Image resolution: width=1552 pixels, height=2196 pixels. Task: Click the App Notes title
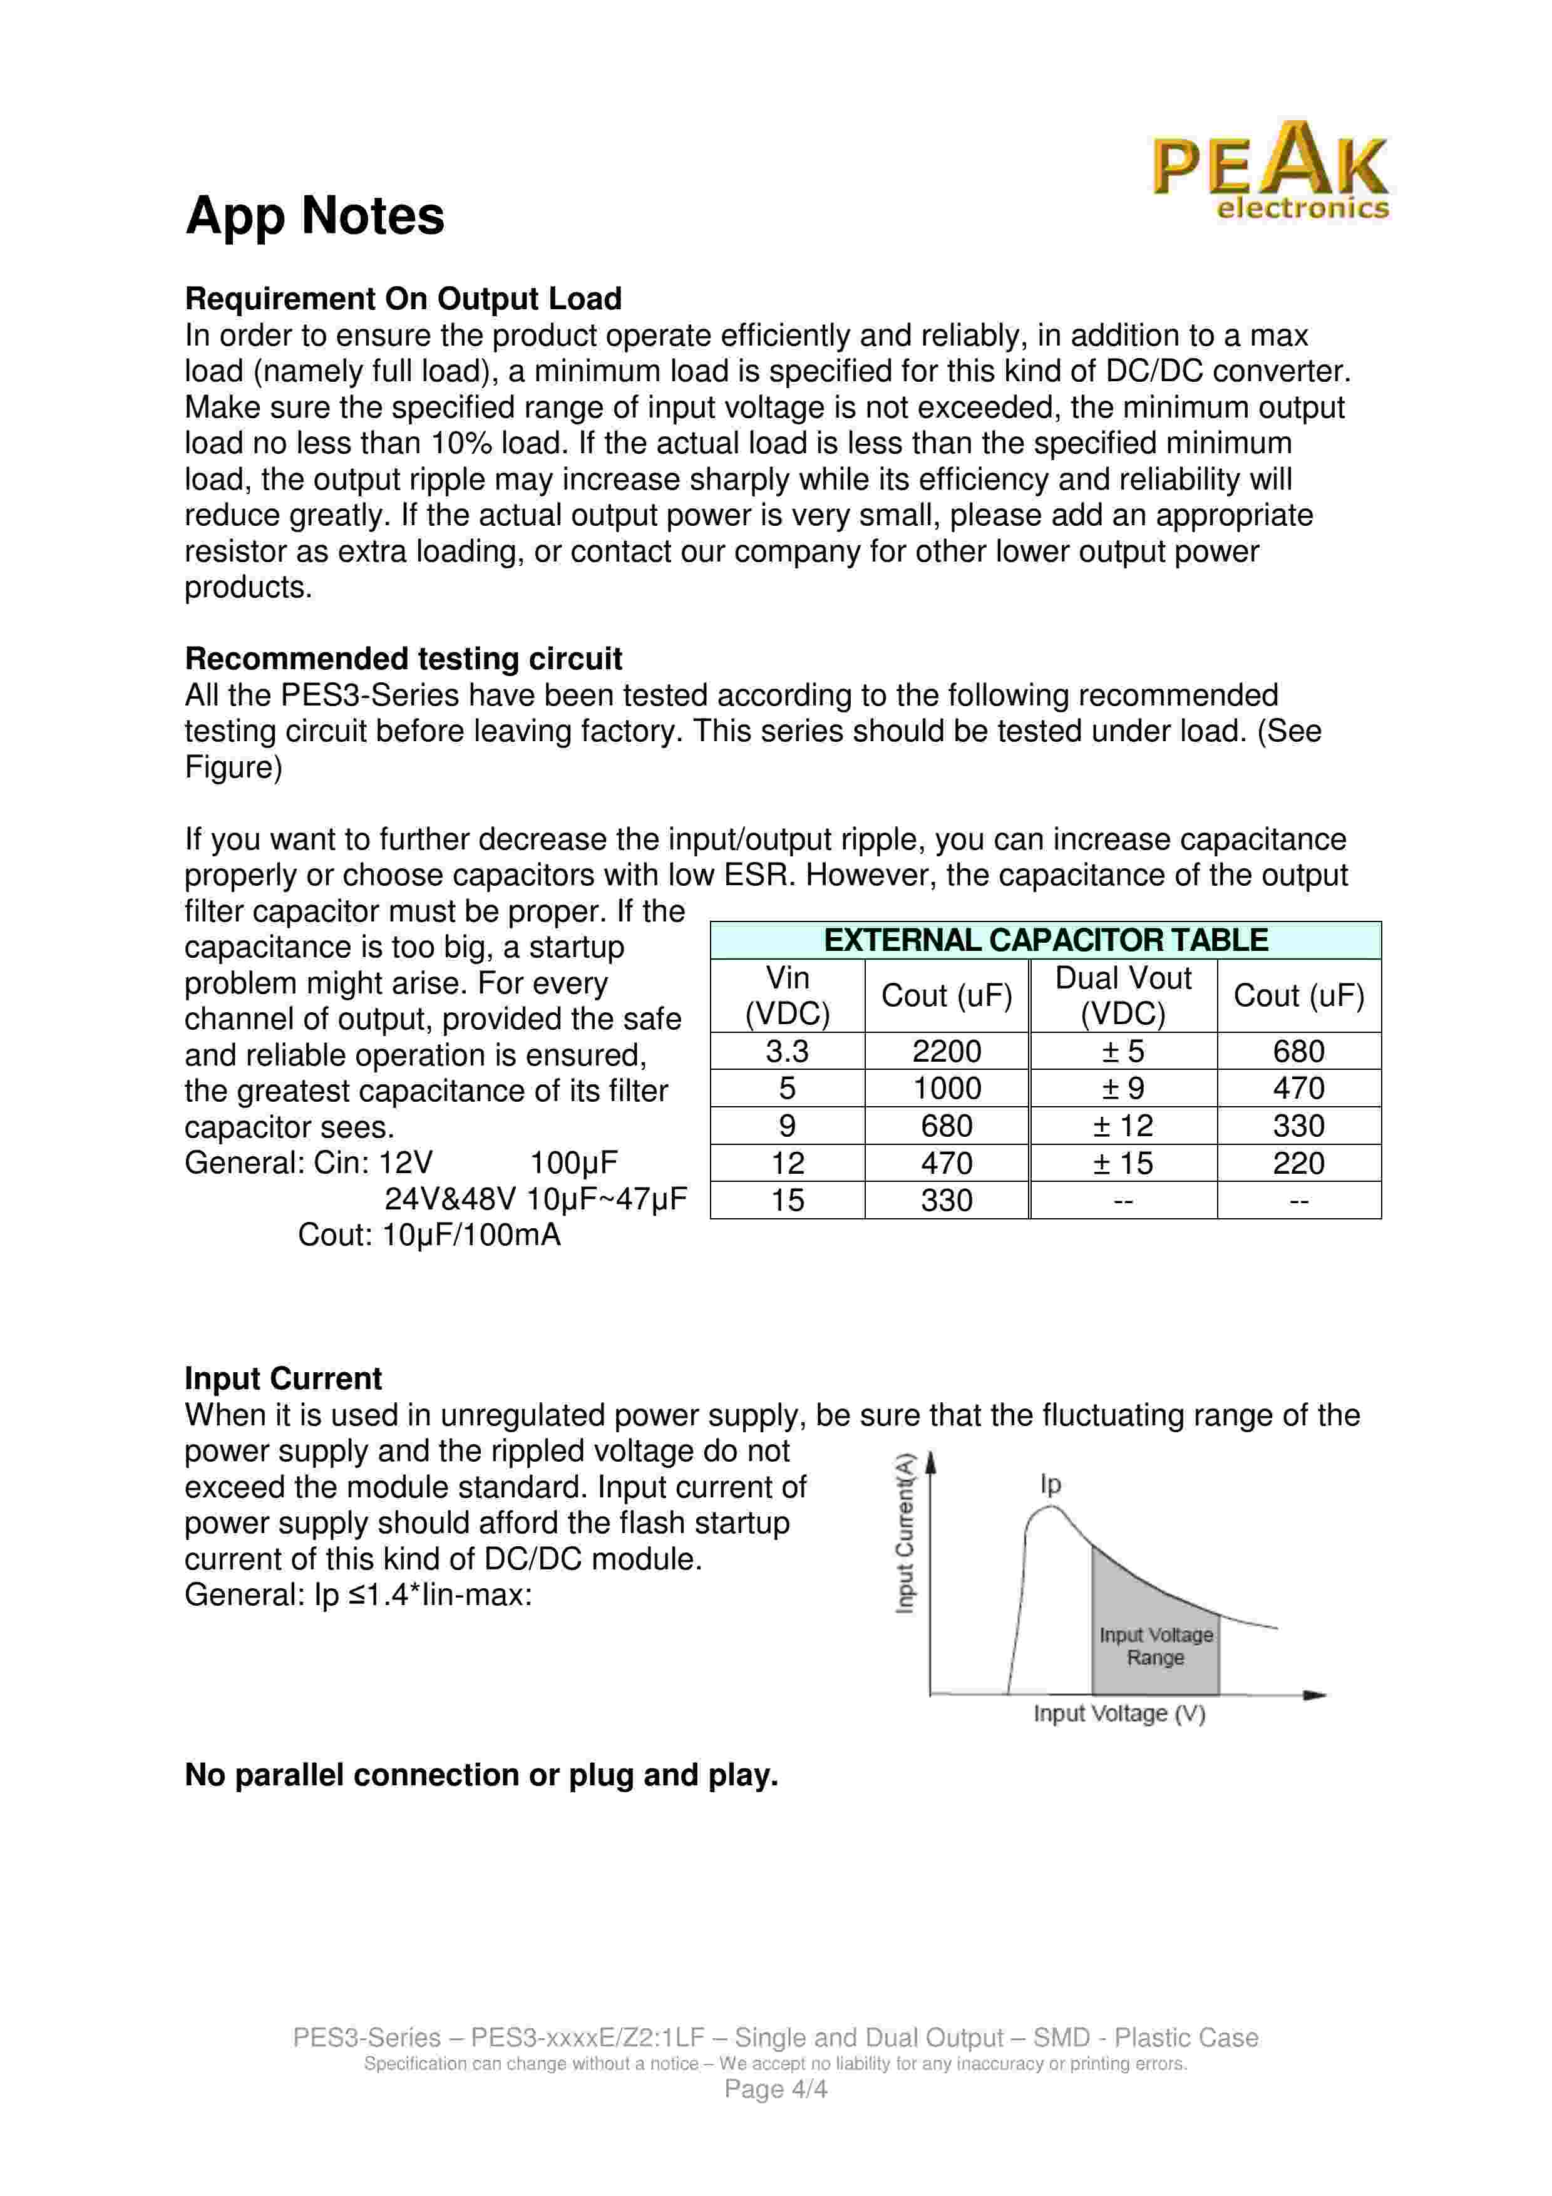tap(315, 215)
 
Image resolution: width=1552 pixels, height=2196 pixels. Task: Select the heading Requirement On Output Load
tap(403, 299)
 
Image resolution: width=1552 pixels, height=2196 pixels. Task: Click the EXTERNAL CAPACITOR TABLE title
tap(1045, 940)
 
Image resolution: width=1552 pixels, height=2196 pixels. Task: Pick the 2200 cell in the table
tap(946, 1051)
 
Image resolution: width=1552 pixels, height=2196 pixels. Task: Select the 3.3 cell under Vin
tap(787, 1051)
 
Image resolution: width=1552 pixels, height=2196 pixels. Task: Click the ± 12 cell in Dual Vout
tap(1123, 1126)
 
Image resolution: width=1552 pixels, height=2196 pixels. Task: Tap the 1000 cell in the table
tap(946, 1089)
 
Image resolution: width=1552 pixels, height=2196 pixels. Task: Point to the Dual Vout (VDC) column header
tap(1123, 996)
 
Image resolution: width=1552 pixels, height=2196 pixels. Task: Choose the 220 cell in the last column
tap(1298, 1163)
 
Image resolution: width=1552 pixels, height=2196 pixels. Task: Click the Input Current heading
tap(283, 1378)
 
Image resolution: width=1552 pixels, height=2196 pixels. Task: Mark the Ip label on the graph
tap(1050, 1484)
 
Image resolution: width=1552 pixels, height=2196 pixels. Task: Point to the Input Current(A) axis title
tap(905, 1533)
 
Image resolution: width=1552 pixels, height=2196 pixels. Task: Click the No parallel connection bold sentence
tap(481, 1774)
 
